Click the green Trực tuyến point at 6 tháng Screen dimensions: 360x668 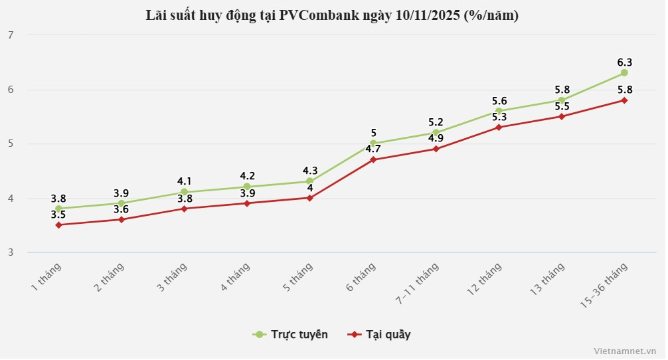tap(373, 143)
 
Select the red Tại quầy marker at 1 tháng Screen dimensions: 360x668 tap(58, 225)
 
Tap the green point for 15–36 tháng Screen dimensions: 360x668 tap(624, 73)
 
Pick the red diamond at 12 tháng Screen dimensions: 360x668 tap(499, 128)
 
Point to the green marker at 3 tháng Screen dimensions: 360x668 tap(184, 192)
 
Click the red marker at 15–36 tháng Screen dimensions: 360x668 tap(624, 100)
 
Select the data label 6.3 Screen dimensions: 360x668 tap(624, 62)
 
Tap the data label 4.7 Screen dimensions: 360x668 tap(373, 149)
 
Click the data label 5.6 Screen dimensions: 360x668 tap(499, 101)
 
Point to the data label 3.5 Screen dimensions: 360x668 tap(58, 215)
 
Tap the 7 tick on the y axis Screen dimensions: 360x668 tap(11, 35)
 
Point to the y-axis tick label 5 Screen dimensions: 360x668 tap(11, 143)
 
